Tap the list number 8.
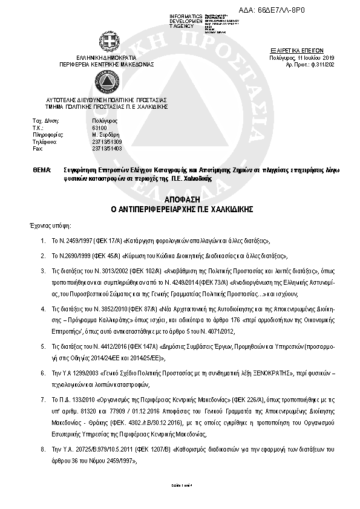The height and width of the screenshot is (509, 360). coord(42,450)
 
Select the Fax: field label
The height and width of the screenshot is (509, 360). coord(38,148)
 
